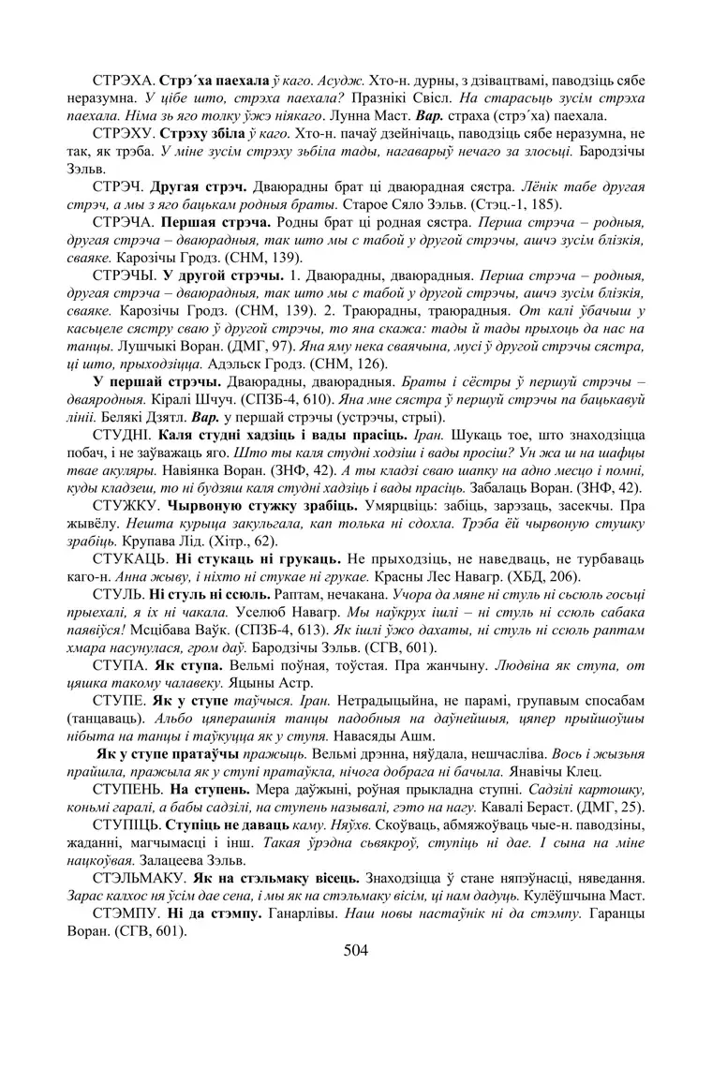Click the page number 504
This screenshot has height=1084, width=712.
356,951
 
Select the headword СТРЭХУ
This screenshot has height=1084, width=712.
122,135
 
